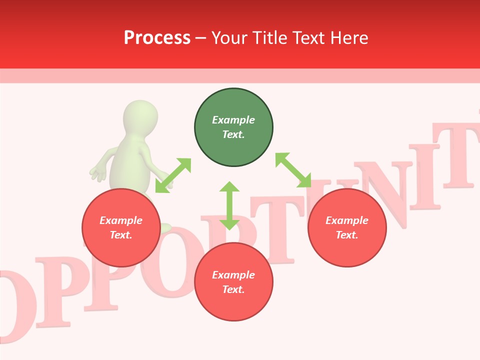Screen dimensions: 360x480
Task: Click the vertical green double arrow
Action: (x=229, y=205)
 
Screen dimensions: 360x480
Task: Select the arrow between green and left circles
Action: (x=173, y=175)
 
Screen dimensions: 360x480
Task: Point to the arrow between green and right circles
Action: (x=293, y=170)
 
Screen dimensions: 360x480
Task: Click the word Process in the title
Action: (x=157, y=37)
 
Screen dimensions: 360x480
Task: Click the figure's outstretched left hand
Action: (x=98, y=173)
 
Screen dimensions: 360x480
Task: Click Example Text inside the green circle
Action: (x=233, y=127)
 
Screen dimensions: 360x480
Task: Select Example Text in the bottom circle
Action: (x=233, y=282)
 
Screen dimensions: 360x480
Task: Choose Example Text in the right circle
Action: (x=347, y=227)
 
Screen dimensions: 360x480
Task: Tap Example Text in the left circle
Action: (x=121, y=227)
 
